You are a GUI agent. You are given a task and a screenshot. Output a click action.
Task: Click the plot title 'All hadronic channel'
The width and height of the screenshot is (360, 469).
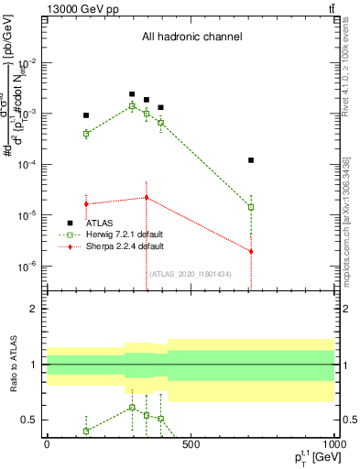[191, 37]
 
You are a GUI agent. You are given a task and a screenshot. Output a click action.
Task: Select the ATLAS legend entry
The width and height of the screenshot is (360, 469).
[101, 223]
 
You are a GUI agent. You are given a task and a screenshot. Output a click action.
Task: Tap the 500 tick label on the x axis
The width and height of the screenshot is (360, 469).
[191, 445]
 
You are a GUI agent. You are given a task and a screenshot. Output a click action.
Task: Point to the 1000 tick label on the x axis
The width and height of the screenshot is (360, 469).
[333, 445]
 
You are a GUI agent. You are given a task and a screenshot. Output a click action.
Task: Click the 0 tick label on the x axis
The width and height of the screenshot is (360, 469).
[47, 445]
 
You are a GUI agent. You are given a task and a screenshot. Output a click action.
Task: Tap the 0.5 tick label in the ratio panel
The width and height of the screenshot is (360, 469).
[29, 420]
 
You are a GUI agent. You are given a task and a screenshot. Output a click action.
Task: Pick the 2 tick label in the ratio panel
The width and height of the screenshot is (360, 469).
[35, 309]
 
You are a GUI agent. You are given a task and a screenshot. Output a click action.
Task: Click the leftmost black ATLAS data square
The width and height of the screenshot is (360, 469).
[86, 115]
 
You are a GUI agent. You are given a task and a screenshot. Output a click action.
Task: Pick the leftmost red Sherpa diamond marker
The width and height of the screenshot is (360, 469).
[86, 203]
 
